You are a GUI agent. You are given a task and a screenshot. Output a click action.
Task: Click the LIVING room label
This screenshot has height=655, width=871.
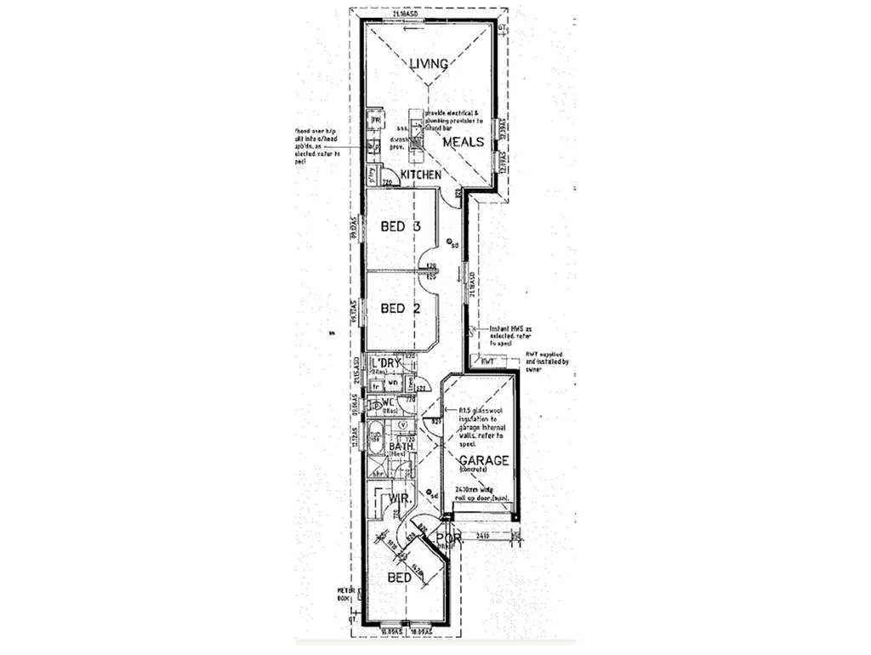click(x=429, y=64)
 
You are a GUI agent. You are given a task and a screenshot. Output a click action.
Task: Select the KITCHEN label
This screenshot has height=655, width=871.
click(x=421, y=174)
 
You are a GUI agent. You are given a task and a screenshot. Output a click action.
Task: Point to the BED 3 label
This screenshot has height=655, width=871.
click(x=401, y=227)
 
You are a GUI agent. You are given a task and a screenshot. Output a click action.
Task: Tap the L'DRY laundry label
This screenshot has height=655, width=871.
click(x=386, y=364)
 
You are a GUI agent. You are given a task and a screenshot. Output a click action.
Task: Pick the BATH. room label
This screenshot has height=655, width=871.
click(x=401, y=446)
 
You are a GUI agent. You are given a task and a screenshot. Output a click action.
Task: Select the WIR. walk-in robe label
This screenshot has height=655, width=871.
click(x=400, y=498)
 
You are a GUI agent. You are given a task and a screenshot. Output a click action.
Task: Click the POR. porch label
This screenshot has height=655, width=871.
click(x=447, y=538)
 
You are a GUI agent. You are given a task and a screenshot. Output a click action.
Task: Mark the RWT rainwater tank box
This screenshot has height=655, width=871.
click(x=487, y=362)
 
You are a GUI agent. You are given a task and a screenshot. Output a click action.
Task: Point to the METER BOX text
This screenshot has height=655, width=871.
click(x=344, y=593)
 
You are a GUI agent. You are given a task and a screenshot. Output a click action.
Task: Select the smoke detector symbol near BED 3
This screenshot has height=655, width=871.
click(x=449, y=242)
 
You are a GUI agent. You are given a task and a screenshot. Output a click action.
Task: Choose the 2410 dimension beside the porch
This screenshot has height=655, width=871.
click(x=481, y=536)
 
